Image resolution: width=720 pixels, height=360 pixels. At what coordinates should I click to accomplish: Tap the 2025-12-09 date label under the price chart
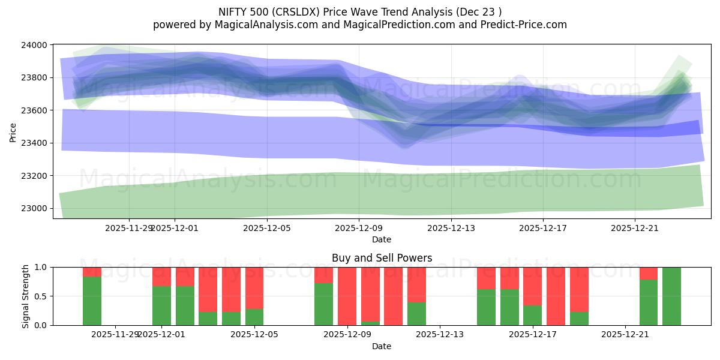(358, 228)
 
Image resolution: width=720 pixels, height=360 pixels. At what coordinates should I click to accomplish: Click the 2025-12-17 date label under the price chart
(542, 228)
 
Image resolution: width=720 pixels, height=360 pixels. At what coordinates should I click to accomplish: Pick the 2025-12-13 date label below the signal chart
(440, 334)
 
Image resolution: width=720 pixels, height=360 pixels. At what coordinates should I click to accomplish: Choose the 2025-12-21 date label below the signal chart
(625, 334)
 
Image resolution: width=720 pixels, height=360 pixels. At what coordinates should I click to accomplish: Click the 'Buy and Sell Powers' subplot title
(382, 259)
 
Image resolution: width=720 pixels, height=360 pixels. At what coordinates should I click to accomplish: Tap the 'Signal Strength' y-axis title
(26, 296)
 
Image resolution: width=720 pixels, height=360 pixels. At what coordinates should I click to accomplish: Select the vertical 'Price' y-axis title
(13, 133)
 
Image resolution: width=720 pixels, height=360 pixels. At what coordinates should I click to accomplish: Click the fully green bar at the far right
(671, 296)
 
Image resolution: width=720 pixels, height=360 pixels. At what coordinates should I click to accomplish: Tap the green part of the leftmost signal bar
(92, 301)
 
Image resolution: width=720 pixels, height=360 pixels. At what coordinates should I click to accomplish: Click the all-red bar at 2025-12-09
(347, 296)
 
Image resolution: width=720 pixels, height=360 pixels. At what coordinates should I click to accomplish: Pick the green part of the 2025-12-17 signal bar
(532, 315)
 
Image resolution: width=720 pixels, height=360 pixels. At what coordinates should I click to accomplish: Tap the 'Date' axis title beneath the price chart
(382, 239)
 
